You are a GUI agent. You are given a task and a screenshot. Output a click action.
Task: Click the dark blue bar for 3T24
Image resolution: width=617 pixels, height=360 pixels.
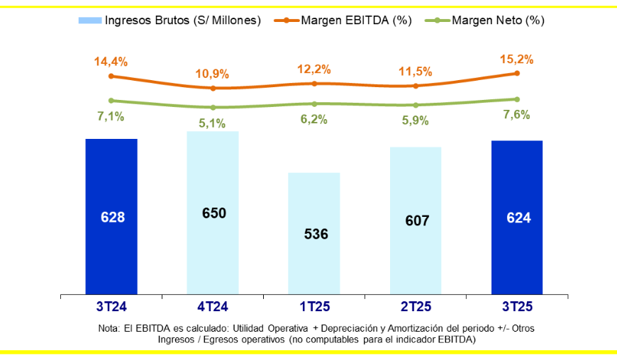tap(111, 216)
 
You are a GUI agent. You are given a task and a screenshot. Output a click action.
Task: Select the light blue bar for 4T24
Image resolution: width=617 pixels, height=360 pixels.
tap(213, 213)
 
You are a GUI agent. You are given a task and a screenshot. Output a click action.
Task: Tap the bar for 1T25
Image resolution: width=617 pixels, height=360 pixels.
tap(314, 233)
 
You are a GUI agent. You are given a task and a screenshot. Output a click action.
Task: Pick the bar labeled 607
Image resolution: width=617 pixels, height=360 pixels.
tap(416, 220)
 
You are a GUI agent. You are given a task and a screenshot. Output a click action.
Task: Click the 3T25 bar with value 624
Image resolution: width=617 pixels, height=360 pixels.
tap(517, 217)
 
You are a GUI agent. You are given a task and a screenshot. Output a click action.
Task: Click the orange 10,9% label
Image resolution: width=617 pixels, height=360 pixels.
tap(212, 74)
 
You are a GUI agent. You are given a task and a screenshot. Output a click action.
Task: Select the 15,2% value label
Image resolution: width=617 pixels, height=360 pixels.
tap(517, 59)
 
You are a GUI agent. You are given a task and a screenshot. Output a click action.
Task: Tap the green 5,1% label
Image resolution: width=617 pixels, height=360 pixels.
tap(212, 123)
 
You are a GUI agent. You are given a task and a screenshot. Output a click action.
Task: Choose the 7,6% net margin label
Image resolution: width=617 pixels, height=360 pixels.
tap(516, 115)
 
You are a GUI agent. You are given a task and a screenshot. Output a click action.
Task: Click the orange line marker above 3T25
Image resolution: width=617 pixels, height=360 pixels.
tap(517, 73)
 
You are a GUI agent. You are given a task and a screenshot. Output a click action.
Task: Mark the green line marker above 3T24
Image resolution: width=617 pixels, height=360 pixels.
tap(111, 101)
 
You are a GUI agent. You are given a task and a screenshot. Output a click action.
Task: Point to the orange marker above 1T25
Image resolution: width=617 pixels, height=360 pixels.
tap(314, 84)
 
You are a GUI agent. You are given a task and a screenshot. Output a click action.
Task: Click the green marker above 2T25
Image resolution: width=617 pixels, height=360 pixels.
tap(416, 106)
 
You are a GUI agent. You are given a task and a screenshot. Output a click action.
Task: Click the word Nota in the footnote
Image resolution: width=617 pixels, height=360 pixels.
tap(110, 330)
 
